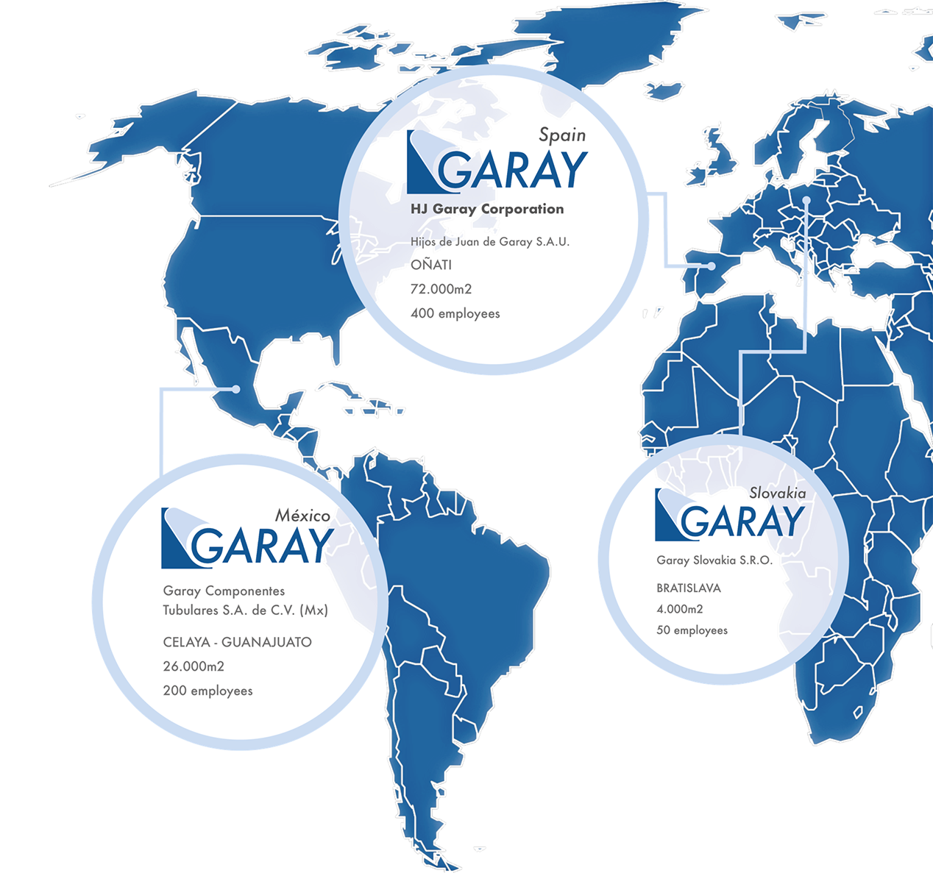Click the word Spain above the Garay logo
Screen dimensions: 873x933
(x=562, y=135)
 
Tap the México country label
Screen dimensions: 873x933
(x=302, y=516)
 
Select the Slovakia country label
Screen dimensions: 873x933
(x=777, y=493)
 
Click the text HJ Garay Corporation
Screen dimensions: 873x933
(x=487, y=210)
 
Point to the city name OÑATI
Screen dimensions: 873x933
(x=431, y=265)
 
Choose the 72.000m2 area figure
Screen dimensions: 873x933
(x=441, y=289)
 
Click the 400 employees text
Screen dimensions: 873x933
(x=455, y=314)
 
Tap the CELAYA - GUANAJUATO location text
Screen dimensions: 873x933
(x=237, y=642)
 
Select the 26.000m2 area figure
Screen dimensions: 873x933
(x=194, y=666)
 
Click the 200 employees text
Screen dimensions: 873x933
(x=207, y=691)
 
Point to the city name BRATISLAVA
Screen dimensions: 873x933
(x=688, y=588)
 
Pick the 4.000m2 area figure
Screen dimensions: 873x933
(x=679, y=609)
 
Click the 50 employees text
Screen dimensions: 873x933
(x=692, y=630)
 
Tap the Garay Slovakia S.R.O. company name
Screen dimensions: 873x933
(x=714, y=560)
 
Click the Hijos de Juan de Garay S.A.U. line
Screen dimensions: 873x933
(x=489, y=242)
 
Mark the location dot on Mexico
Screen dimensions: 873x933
(x=235, y=389)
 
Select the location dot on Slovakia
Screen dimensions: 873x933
(x=806, y=200)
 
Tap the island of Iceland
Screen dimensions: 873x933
(x=666, y=91)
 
